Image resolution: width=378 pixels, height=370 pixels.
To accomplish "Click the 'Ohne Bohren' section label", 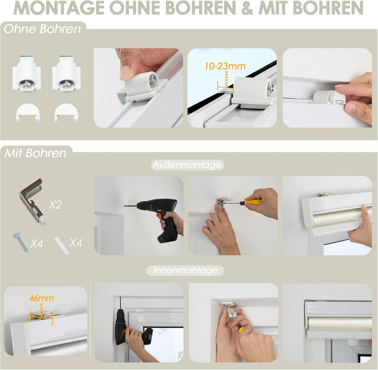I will click(x=42, y=29).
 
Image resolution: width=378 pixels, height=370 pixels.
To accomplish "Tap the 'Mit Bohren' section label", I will click(x=35, y=153).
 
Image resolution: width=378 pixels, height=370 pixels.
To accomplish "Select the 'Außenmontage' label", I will click(x=187, y=165).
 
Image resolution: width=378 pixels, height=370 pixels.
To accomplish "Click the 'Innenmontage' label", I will click(x=185, y=270).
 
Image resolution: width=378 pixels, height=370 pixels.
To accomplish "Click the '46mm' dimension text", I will click(x=41, y=298).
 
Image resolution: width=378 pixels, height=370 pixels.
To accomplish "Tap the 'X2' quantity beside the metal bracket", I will click(x=55, y=205).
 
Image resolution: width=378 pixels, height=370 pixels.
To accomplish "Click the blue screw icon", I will click(x=21, y=243).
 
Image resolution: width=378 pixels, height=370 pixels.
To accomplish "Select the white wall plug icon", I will click(x=61, y=245).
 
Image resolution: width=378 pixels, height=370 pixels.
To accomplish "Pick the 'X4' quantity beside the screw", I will click(x=36, y=243).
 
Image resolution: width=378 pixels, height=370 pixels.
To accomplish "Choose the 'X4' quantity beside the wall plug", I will click(x=76, y=243).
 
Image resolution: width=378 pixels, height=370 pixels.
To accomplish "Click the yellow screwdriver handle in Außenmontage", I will click(x=253, y=202).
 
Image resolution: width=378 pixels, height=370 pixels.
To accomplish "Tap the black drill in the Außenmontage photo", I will click(x=157, y=213).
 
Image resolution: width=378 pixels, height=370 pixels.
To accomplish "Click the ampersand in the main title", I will click(x=247, y=8).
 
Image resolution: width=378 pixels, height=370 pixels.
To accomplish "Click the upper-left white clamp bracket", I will click(x=27, y=74).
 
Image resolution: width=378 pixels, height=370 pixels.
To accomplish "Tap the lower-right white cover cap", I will click(x=66, y=113).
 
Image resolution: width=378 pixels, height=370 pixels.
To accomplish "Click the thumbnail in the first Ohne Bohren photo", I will click(x=125, y=73).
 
